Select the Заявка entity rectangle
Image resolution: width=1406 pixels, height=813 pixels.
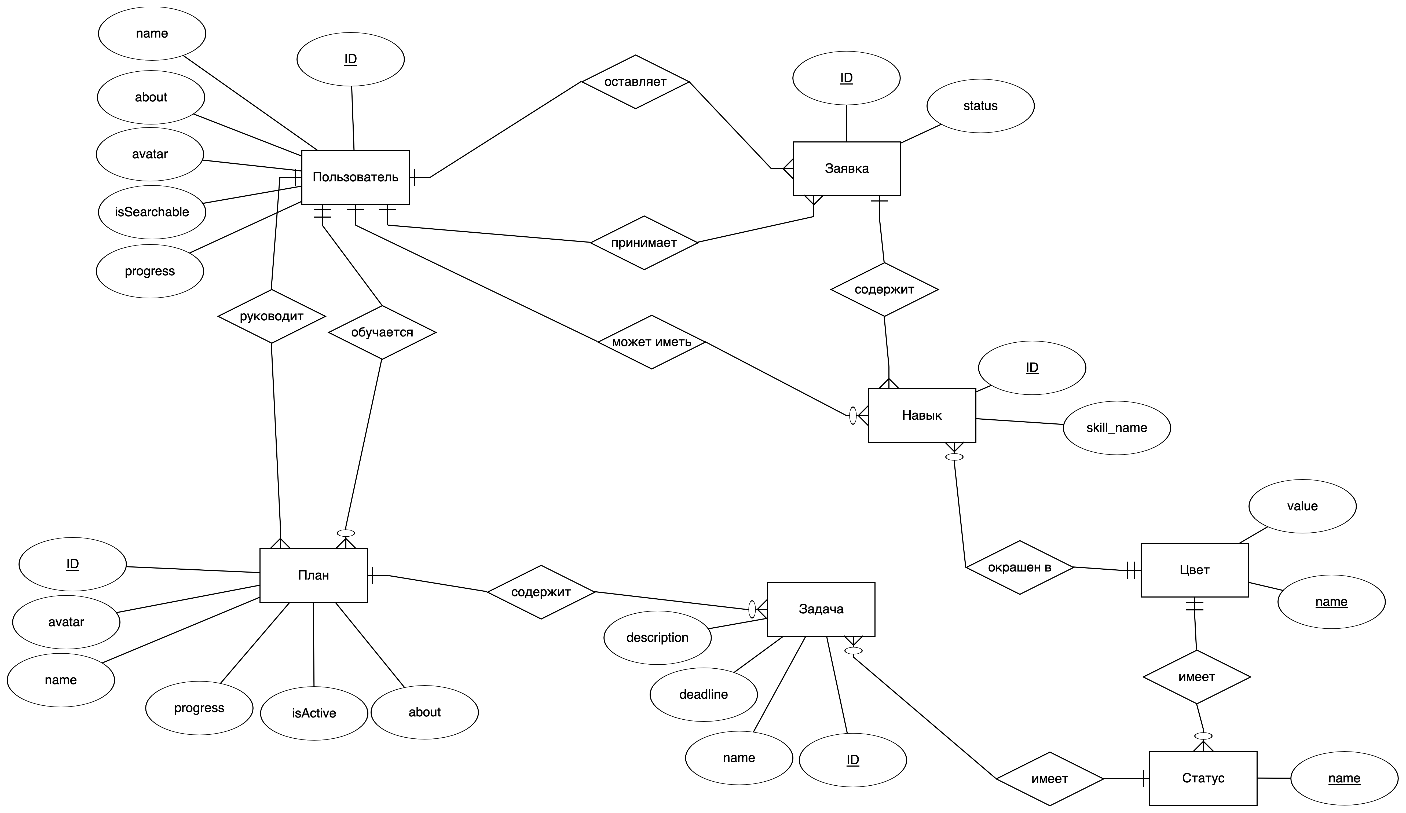pos(846,169)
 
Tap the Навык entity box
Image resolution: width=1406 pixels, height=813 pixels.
pos(922,415)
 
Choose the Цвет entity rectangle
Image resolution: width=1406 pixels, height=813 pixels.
pos(1194,570)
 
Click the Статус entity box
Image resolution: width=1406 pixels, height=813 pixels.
pos(1203,778)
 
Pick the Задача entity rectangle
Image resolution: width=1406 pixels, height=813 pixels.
pos(821,609)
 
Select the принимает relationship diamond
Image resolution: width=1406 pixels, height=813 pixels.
pos(644,243)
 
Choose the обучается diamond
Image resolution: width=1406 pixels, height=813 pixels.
pos(382,332)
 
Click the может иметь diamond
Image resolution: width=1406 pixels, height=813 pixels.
pos(652,342)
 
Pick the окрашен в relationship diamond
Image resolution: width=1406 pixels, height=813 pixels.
pos(1019,567)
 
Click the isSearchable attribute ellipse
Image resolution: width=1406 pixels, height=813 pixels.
pos(152,212)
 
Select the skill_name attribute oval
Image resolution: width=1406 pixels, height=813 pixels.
pos(1116,428)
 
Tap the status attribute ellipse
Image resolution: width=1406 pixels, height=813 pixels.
pos(980,106)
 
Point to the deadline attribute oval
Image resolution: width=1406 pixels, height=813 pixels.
pos(704,694)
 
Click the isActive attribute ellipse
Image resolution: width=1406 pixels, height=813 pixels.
pos(314,713)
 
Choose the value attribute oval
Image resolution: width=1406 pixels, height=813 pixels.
pos(1302,506)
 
